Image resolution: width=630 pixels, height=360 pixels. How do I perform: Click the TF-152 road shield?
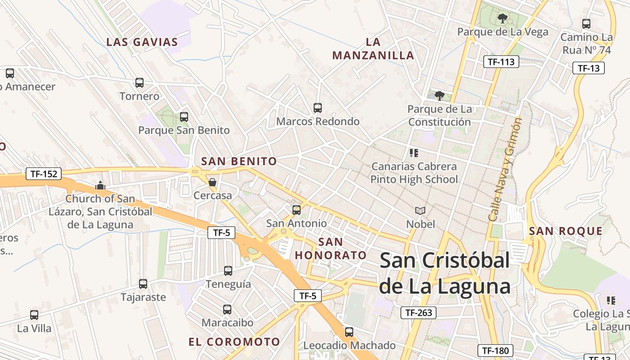(44, 174)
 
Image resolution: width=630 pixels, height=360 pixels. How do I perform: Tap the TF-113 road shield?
(501, 62)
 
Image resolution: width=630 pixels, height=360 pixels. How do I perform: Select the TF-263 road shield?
(418, 312)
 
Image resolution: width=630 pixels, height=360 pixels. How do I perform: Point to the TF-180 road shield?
(495, 351)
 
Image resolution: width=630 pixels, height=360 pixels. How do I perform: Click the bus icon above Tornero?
(139, 83)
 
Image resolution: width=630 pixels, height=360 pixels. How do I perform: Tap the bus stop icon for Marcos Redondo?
(318, 108)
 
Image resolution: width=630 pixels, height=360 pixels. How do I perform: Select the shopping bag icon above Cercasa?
(212, 182)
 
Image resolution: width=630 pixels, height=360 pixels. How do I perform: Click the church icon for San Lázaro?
(100, 185)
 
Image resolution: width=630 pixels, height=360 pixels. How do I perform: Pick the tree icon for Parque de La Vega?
(502, 18)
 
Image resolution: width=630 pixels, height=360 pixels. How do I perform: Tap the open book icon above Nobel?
(420, 211)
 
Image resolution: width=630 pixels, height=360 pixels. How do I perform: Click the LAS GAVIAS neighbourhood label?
(142, 42)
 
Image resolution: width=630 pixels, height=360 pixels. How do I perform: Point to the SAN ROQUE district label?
(566, 231)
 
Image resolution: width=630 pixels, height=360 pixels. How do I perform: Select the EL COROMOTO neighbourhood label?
(234, 342)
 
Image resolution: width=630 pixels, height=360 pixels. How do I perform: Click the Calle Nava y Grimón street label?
(505, 169)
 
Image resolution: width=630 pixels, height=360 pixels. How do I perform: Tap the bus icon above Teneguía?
(228, 271)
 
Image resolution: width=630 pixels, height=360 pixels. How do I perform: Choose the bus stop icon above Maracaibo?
(227, 310)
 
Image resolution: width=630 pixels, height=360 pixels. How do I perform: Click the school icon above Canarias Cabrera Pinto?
(414, 153)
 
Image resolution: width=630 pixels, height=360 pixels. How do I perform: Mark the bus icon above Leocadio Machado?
(349, 332)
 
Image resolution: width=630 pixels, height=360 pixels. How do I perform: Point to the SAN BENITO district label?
(239, 161)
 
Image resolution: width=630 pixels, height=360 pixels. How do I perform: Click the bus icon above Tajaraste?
(143, 284)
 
